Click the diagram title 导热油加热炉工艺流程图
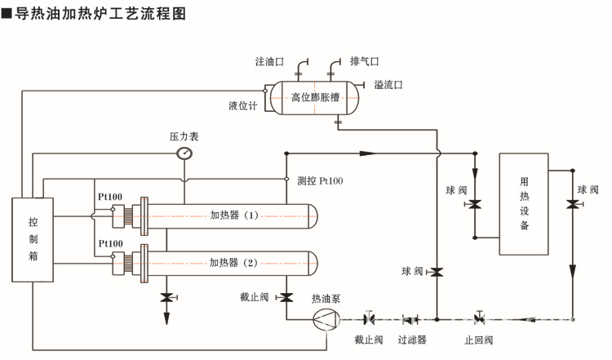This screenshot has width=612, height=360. click(106, 13)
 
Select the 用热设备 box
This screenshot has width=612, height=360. click(523, 204)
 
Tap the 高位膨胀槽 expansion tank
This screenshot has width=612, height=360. click(315, 97)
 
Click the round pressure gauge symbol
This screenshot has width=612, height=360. click(185, 153)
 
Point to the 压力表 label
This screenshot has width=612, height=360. click(183, 136)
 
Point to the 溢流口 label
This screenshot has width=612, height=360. click(388, 85)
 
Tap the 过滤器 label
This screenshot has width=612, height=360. click(412, 340)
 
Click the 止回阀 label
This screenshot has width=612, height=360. click(479, 340)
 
